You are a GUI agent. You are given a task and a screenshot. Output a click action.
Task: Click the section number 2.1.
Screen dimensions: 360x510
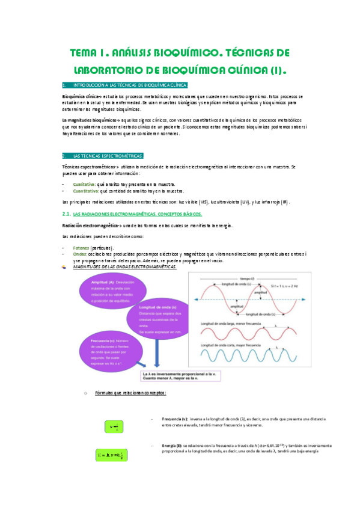66,214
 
